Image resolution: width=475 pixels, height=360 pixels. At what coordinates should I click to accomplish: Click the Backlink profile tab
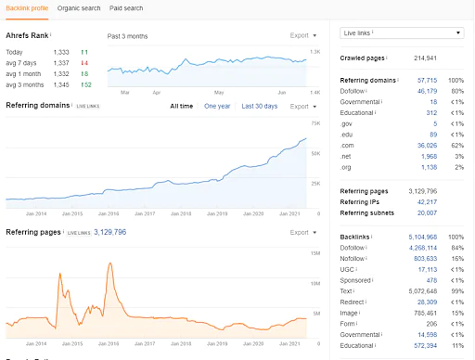28,7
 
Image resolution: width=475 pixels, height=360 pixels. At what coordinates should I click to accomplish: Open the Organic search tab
79,7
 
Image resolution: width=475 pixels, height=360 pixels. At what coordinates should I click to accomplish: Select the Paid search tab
126,7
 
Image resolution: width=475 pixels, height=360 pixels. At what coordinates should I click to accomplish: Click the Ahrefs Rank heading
27,35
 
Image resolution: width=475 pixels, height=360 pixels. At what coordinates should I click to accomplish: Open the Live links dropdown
402,32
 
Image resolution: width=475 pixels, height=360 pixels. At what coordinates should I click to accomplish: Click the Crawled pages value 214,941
425,58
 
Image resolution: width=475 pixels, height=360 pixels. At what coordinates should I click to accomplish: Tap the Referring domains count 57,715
426,81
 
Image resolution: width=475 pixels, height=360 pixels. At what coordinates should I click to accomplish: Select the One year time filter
217,106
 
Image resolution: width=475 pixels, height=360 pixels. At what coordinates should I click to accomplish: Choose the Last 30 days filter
260,106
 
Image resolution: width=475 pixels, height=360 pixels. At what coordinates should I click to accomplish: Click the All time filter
182,106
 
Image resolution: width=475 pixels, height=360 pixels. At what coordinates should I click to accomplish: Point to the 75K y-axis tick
315,123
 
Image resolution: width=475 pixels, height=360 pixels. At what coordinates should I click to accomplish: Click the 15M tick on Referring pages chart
315,252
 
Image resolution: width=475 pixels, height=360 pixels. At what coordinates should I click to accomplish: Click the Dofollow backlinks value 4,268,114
421,248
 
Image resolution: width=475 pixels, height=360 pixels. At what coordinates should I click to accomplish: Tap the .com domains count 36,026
426,146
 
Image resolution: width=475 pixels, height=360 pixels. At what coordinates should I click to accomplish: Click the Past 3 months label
127,36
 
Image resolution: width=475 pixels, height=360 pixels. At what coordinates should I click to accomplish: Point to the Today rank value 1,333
61,52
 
